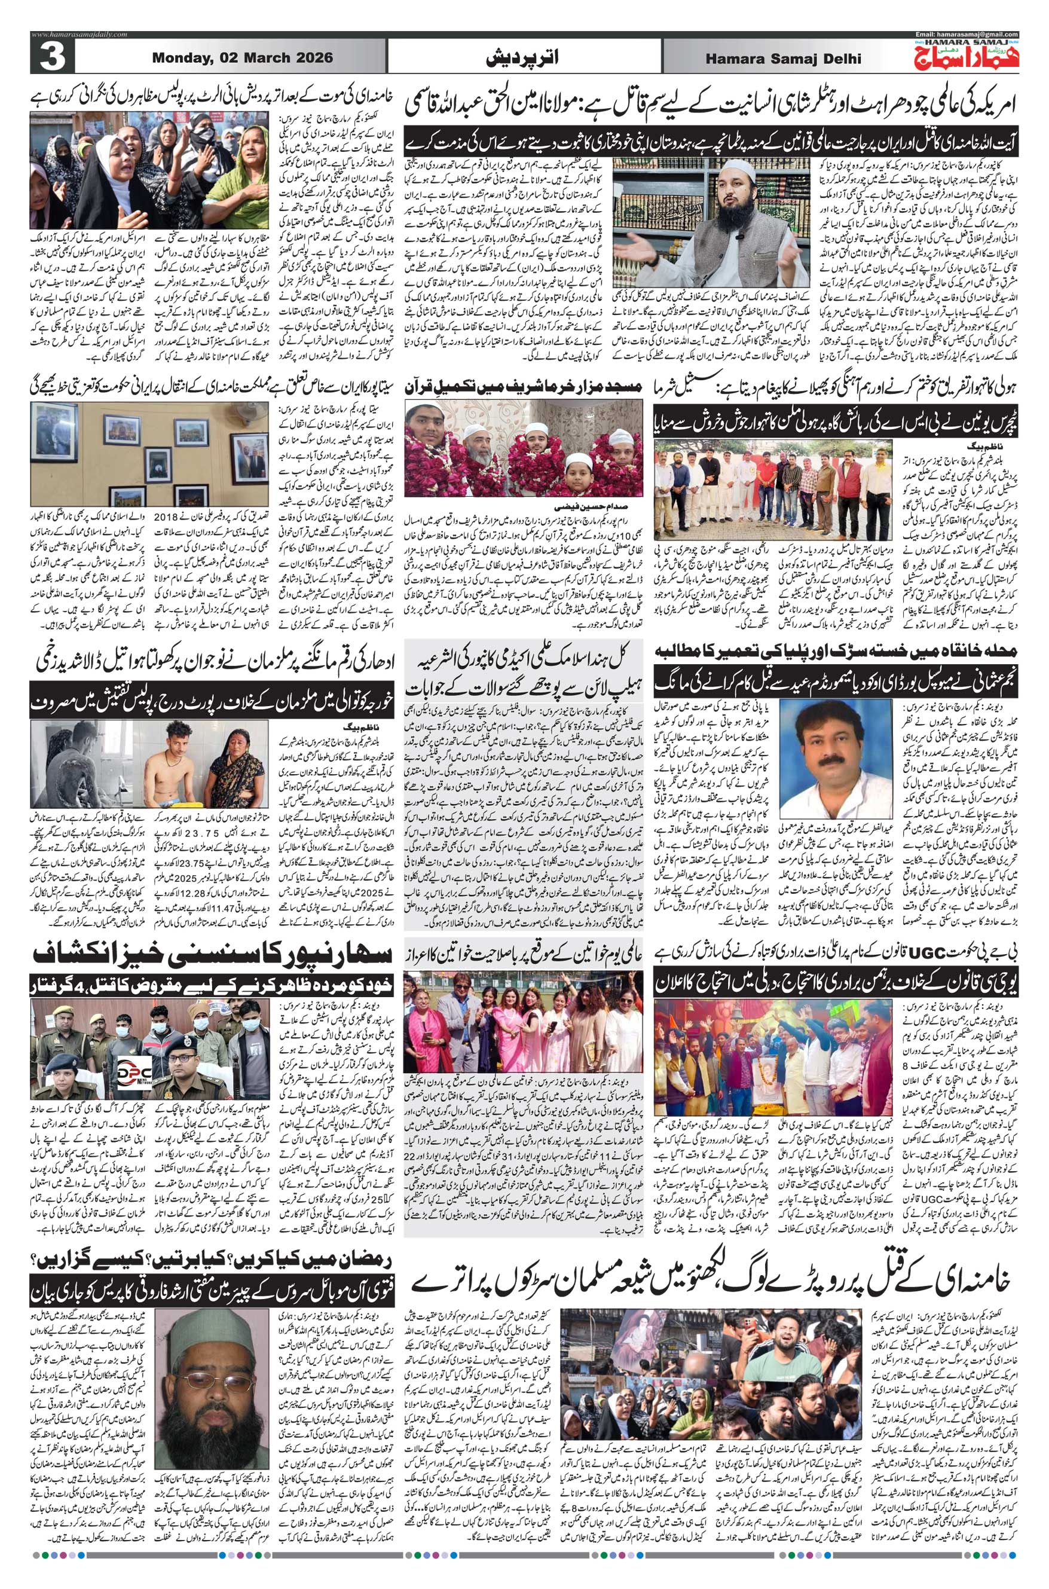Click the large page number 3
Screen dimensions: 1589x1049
[49, 57]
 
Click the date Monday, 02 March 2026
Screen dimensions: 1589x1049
[243, 57]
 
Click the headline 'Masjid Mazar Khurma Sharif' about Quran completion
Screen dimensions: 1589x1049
[523, 388]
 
